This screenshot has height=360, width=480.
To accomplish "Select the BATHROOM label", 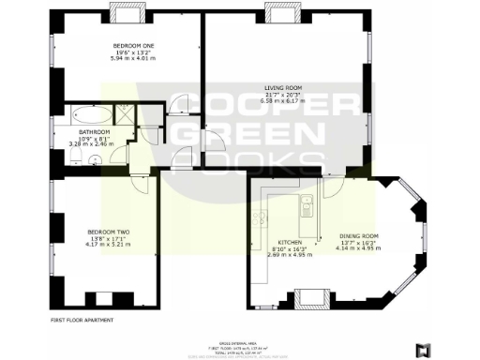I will point(95,132).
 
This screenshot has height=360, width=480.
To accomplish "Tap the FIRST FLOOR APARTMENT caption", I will point(82,321).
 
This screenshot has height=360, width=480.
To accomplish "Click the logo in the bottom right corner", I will point(423,349).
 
